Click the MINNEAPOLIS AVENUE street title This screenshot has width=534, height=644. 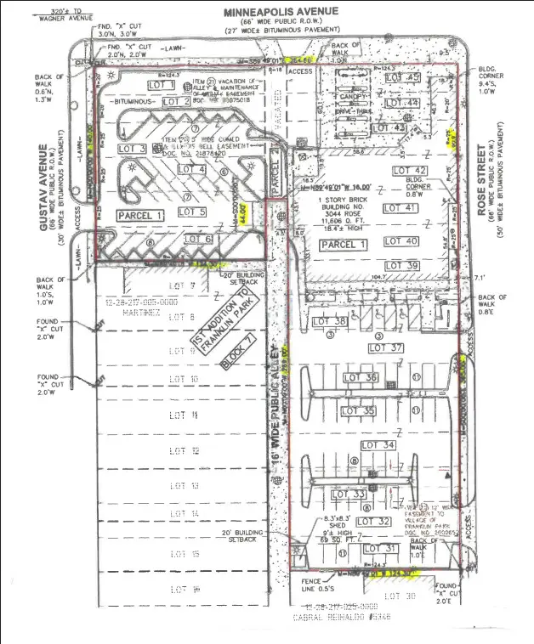coord(282,11)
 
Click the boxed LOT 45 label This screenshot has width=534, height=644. coord(402,78)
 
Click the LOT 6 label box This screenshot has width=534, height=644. coord(196,240)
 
